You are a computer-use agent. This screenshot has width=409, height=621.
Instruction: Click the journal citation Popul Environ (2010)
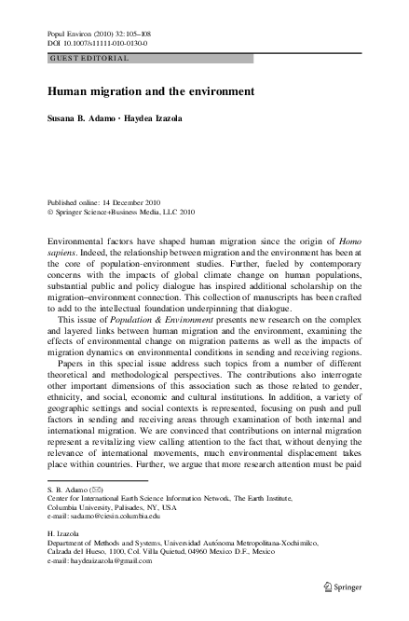[84, 32]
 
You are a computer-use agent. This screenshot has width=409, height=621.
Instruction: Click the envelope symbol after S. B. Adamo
[95, 490]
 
